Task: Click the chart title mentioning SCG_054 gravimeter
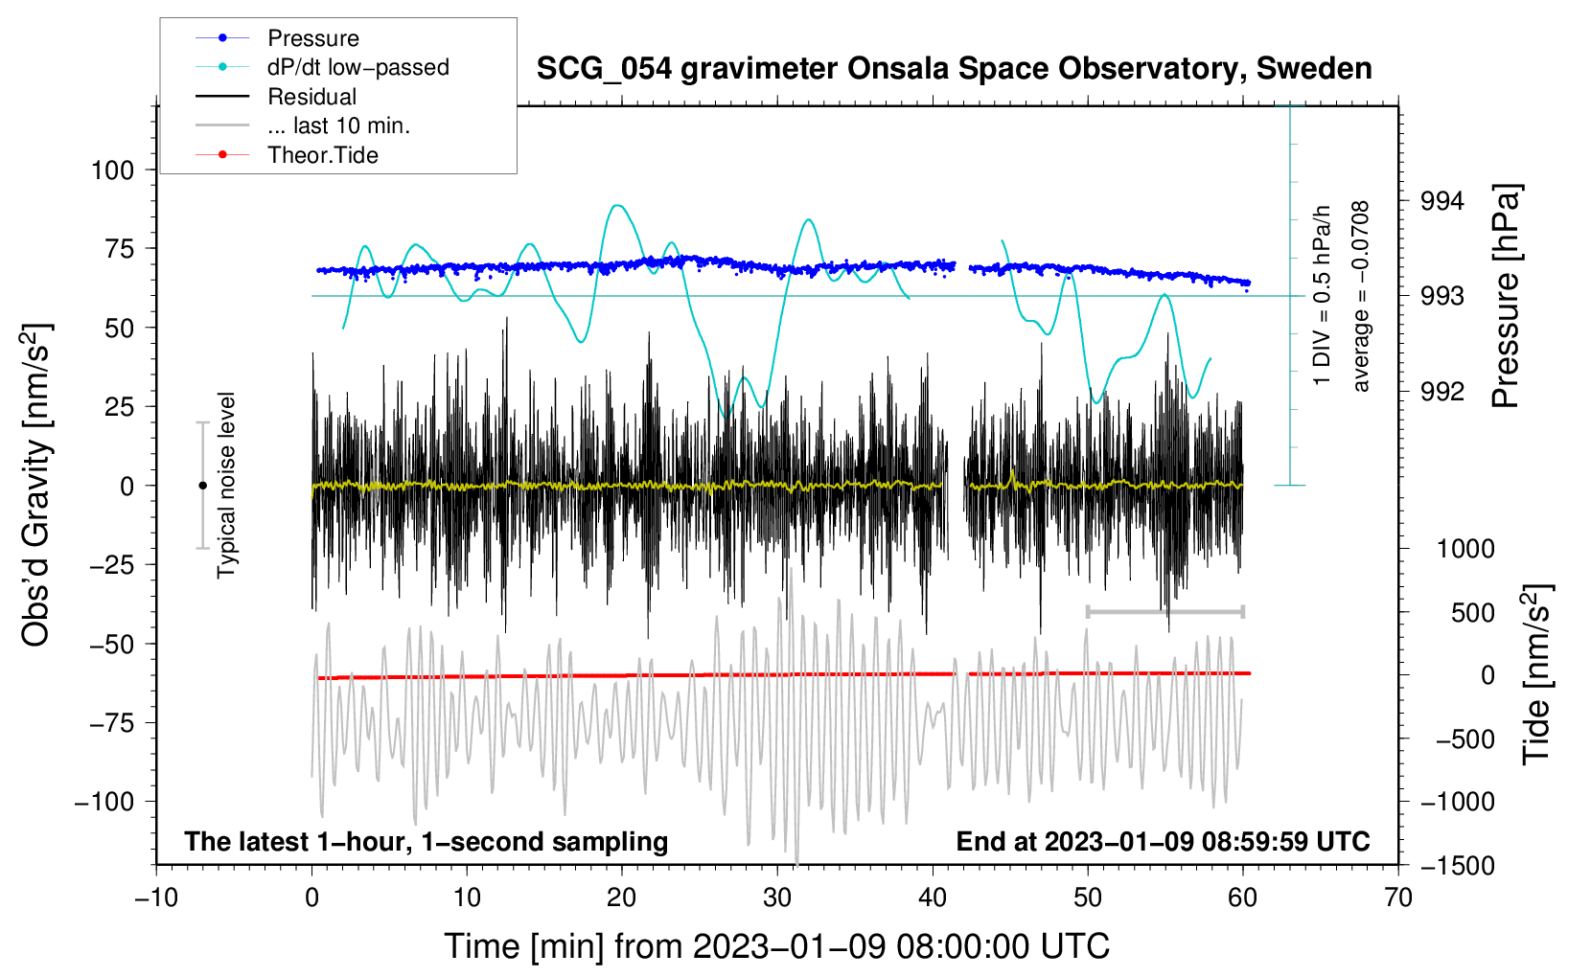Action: coord(954,69)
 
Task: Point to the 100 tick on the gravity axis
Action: coord(113,170)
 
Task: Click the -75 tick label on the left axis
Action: coord(111,723)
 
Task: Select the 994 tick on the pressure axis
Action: coord(1441,201)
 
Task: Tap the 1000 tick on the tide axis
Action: coord(1465,549)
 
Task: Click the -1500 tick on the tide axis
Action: coord(1458,866)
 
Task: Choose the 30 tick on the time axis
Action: coord(777,898)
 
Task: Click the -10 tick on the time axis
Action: coord(156,898)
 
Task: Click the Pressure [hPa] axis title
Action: coord(1506,296)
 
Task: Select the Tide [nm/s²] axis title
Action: coord(1537,674)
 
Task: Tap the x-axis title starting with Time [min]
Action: coord(777,946)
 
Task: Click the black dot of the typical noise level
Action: coord(202,486)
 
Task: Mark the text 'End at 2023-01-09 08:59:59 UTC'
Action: coord(1163,841)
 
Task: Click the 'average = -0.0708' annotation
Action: coord(1360,296)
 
